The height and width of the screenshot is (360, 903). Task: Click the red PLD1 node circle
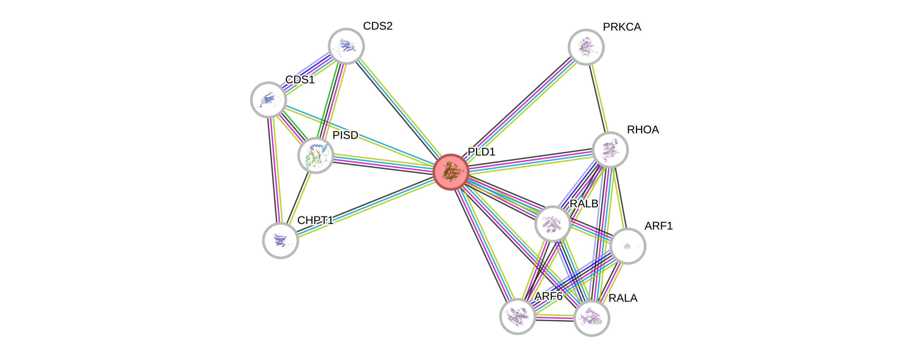pyautogui.click(x=451, y=172)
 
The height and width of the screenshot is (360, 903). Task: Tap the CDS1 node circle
pyautogui.click(x=268, y=100)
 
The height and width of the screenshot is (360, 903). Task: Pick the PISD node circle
pyautogui.click(x=315, y=155)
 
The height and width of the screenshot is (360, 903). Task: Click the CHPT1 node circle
pyautogui.click(x=280, y=241)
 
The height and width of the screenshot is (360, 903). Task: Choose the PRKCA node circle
pyautogui.click(x=586, y=47)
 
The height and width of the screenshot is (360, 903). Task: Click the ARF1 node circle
pyautogui.click(x=627, y=246)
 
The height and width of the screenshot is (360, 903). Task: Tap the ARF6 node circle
pyautogui.click(x=517, y=316)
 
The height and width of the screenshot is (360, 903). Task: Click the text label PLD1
pyautogui.click(x=482, y=152)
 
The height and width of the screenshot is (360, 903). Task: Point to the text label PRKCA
pyautogui.click(x=622, y=27)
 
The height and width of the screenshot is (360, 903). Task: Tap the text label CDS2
pyautogui.click(x=378, y=26)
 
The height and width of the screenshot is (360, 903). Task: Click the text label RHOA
pyautogui.click(x=643, y=130)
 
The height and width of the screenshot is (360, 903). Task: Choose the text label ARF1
pyautogui.click(x=659, y=226)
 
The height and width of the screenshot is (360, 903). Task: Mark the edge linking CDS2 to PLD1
pyautogui.click(x=398, y=109)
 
